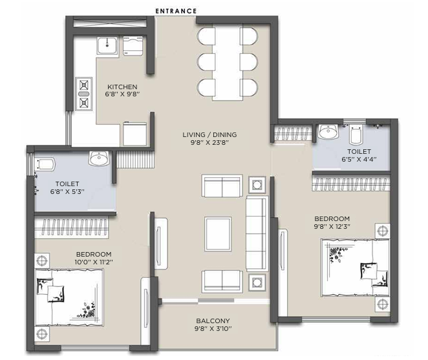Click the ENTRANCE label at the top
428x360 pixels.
click(x=176, y=11)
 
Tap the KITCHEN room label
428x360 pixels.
click(x=122, y=87)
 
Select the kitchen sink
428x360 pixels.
click(x=107, y=46)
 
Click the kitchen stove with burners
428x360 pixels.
click(x=84, y=94)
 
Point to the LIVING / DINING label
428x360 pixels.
click(x=209, y=134)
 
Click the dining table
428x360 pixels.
click(x=228, y=62)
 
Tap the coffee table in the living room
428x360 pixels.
click(x=218, y=234)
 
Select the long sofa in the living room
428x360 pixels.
click(x=257, y=233)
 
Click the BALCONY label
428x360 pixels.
click(x=213, y=321)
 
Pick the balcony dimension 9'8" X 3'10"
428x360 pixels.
click(x=213, y=328)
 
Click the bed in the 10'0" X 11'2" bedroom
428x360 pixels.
click(x=69, y=297)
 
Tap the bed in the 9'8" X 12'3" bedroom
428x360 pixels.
click(x=355, y=268)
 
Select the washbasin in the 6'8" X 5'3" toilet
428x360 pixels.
click(x=99, y=158)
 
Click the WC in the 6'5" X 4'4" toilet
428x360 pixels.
click(x=356, y=134)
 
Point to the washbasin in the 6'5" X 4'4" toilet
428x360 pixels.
click(x=328, y=132)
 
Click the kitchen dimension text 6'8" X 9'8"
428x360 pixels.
click(x=122, y=94)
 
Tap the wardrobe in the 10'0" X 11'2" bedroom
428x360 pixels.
click(x=71, y=227)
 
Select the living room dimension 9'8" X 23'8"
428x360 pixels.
click(x=209, y=142)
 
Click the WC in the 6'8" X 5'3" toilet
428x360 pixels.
click(x=45, y=165)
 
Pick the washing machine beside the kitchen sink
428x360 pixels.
click(x=133, y=46)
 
